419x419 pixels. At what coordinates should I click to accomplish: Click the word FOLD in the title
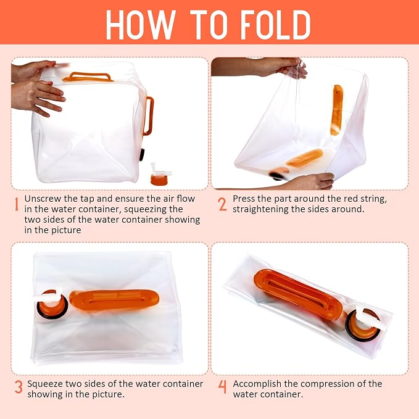click(x=275, y=25)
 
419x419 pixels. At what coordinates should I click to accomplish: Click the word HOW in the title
click(x=141, y=25)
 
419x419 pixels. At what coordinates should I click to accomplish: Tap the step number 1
click(x=17, y=204)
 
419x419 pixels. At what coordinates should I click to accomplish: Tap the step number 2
click(x=222, y=204)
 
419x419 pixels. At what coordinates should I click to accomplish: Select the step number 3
click(x=19, y=387)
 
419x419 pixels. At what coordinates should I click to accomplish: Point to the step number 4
click(x=222, y=387)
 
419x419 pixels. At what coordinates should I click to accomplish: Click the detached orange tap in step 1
click(x=160, y=174)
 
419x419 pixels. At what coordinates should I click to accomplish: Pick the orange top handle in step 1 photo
click(x=88, y=77)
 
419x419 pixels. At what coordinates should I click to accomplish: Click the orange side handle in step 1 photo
click(x=149, y=116)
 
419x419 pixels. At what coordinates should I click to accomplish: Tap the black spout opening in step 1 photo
click(x=142, y=155)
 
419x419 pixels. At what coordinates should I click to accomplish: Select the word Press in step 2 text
click(x=244, y=199)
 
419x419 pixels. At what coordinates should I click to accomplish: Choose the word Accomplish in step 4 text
click(x=257, y=384)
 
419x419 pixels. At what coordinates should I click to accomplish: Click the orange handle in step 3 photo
click(x=114, y=300)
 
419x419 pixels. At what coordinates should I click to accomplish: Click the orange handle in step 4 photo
click(x=297, y=293)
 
